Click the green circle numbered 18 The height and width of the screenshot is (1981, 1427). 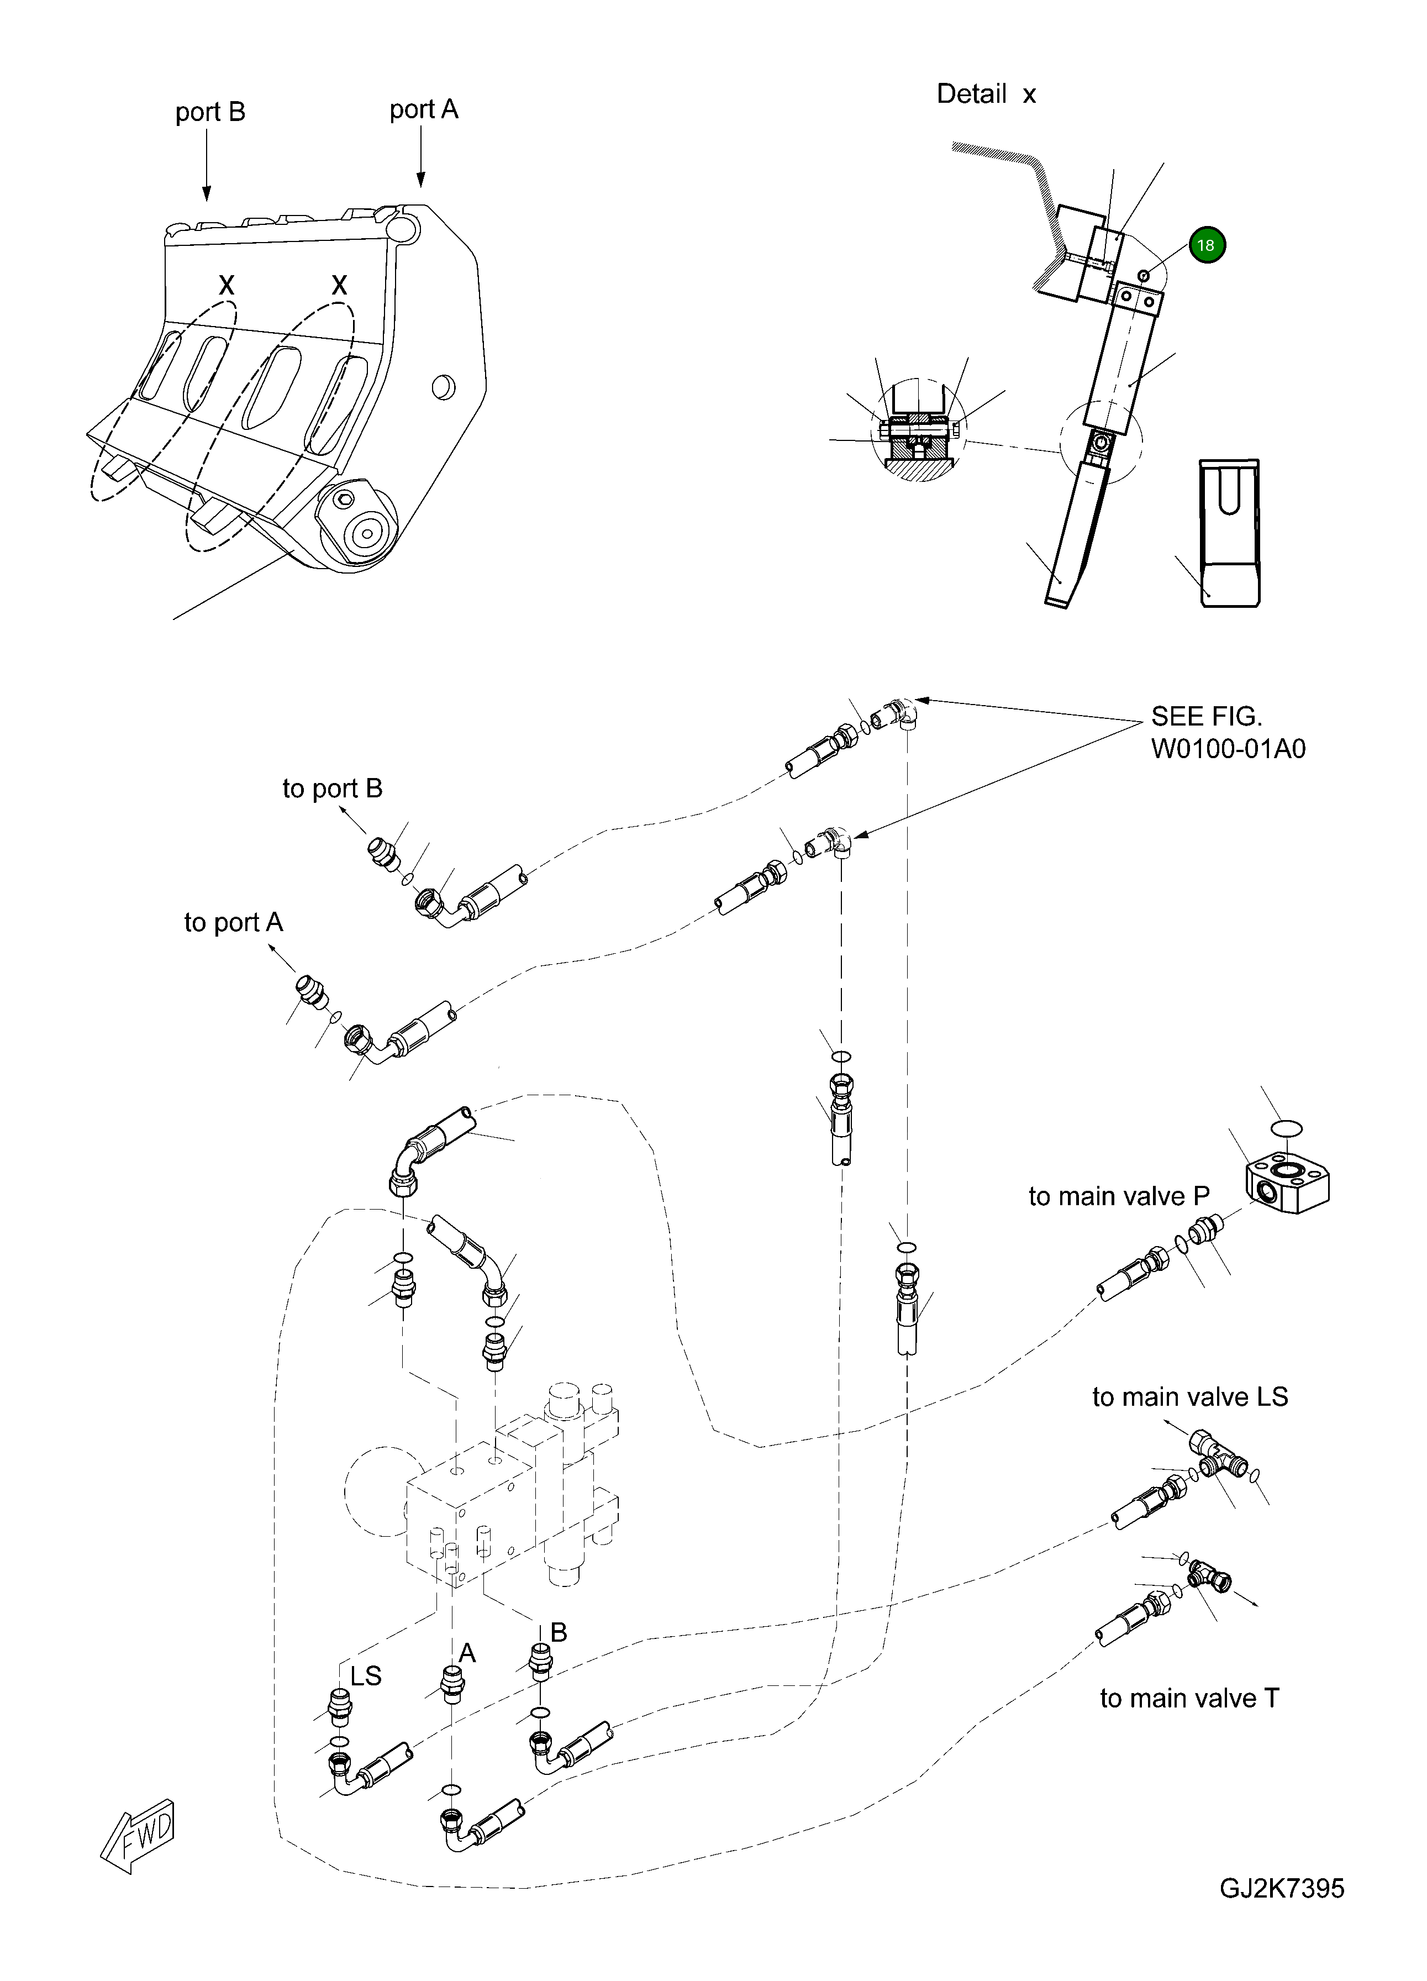[1206, 245]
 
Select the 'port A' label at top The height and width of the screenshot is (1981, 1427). [424, 110]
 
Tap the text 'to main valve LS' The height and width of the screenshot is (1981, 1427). [1189, 1397]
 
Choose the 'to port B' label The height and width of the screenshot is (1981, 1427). [332, 789]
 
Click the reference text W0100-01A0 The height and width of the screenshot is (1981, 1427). [1228, 749]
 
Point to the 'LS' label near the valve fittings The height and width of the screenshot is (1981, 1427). [366, 1676]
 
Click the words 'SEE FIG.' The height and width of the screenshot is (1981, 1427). [1206, 717]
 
